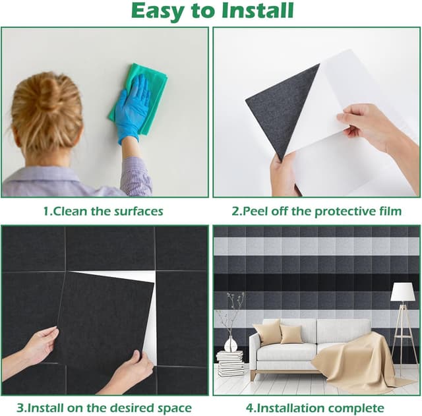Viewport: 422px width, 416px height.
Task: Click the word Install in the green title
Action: [x=257, y=11]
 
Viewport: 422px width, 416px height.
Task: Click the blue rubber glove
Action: [x=132, y=108]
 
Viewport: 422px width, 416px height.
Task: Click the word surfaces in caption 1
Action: [x=138, y=212]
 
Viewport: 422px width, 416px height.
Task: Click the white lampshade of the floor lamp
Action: [x=403, y=292]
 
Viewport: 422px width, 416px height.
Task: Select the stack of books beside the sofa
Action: [x=230, y=363]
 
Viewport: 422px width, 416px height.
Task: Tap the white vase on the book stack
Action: [x=231, y=344]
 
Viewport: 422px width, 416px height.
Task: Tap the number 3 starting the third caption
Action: [x=20, y=409]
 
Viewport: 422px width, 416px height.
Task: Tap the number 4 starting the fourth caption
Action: [x=249, y=409]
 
